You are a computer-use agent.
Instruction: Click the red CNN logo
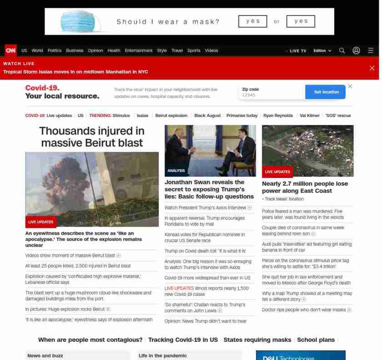coord(10,51)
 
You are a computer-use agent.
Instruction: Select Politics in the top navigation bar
coord(54,51)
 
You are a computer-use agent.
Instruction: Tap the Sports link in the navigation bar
coord(194,51)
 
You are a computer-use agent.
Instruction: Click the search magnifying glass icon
coord(342,51)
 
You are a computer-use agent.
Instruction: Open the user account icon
coord(357,51)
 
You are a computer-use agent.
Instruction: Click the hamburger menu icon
coord(371,51)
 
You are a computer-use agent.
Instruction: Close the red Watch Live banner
coord(372,68)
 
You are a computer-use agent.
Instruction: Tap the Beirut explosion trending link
coord(171,116)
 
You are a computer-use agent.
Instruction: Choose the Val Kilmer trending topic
coord(310,116)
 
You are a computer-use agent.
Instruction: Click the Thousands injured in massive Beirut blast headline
coord(92,137)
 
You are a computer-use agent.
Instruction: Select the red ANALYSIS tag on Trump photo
coord(176,171)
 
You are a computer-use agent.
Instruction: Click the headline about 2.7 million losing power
coord(305,187)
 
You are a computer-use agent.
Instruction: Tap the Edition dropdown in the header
coord(322,51)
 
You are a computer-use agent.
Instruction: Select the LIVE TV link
coord(297,51)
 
